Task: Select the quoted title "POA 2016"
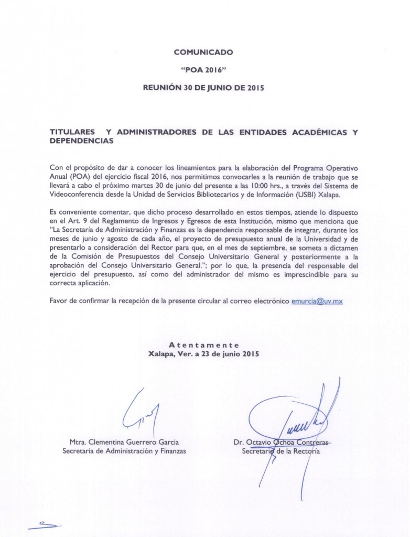(204, 70)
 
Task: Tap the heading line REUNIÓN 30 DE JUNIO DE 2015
(204, 88)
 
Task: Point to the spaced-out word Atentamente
(204, 345)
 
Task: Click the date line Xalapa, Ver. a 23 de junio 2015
(204, 353)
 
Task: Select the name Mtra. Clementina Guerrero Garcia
(123, 442)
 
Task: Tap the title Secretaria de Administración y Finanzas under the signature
(123, 450)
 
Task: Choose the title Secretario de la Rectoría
(280, 450)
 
